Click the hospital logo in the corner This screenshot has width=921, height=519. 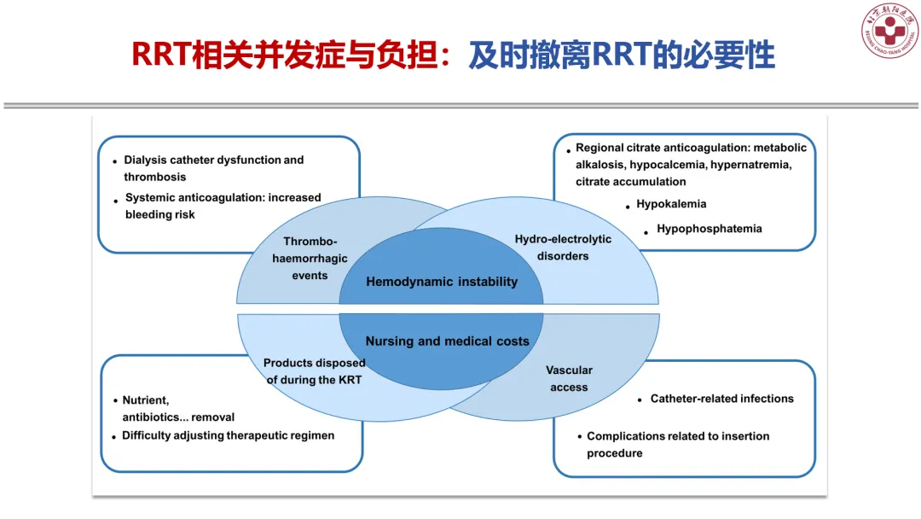coord(889,31)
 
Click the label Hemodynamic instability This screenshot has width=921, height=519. coord(442,282)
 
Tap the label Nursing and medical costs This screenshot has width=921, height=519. coord(447,341)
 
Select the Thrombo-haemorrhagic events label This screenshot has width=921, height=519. coord(310,258)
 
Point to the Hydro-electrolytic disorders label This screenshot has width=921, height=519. coord(563,248)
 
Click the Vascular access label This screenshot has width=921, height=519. coord(569,378)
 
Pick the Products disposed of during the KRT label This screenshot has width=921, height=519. coord(314,371)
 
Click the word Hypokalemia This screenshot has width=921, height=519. coord(671,204)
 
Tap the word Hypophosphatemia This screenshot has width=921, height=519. coord(709,229)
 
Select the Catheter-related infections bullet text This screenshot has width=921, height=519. coord(722,399)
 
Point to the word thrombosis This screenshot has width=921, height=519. coord(154,177)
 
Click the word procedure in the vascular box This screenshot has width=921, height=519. coord(614,453)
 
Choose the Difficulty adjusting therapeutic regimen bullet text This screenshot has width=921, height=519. coord(228,435)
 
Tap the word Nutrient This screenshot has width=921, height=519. coord(146,400)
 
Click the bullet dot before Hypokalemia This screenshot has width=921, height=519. coord(628,207)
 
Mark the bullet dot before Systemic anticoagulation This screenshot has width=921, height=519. coord(116,201)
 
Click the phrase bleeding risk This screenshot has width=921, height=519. coord(159,214)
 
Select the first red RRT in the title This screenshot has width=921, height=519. coord(160,55)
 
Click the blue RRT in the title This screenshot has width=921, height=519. coord(622,55)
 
